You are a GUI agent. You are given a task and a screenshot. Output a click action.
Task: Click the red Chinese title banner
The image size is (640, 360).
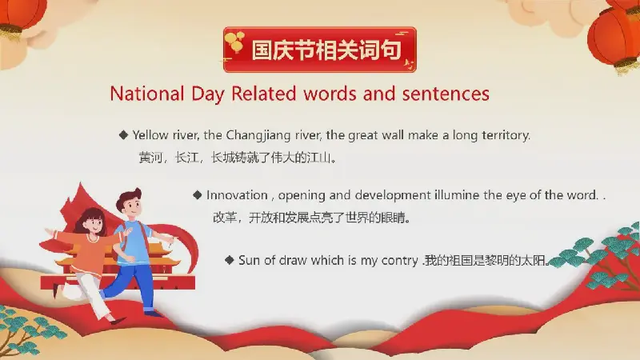320,50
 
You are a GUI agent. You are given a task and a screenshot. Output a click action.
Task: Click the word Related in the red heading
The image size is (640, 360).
264,94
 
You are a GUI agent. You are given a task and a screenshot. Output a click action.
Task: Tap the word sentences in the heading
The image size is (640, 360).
446,94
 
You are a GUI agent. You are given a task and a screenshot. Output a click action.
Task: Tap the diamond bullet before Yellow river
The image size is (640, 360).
124,135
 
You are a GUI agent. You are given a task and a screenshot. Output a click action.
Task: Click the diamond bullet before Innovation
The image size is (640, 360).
198,195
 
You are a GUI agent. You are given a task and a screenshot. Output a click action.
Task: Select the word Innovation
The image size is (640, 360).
237,195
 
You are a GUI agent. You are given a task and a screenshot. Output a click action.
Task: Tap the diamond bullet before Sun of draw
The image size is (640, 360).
230,260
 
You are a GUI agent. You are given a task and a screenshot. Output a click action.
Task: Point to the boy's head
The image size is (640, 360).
129,204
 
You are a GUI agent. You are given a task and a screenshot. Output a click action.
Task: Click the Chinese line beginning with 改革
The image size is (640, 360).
312,218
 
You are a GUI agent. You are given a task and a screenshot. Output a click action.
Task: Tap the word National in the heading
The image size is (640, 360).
147,94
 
